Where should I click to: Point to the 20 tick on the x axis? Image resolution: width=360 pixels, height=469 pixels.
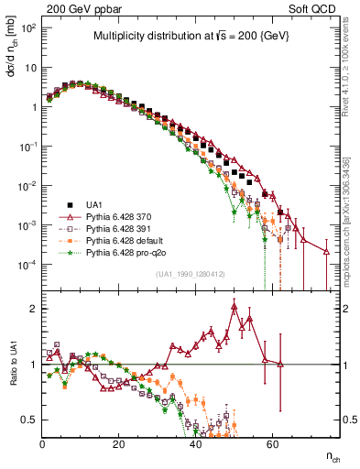[119, 443]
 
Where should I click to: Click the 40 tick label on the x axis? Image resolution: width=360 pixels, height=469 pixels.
[195, 443]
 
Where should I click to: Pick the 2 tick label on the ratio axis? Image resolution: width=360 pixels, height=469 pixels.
[35, 309]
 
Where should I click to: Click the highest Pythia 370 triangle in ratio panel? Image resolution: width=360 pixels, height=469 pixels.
[235, 306]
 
